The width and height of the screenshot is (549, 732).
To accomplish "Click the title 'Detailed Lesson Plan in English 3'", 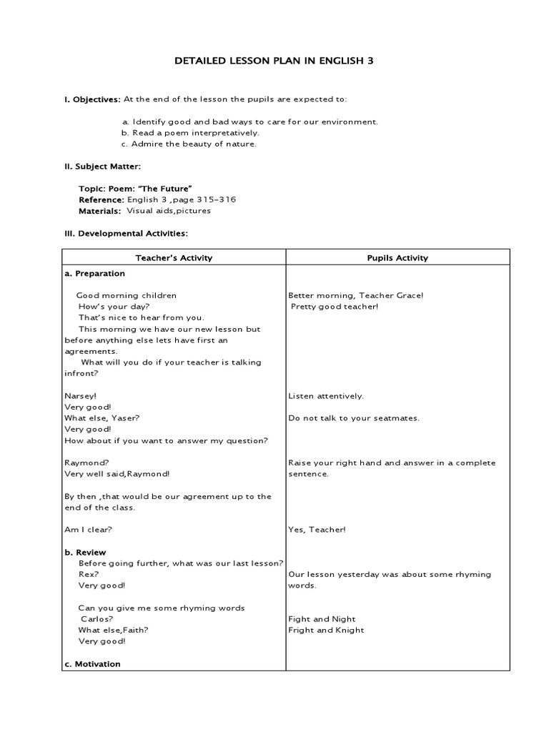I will click(x=274, y=61).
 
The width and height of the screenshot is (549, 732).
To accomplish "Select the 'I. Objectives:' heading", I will click(x=93, y=99).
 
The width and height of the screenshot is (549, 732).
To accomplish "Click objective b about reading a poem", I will click(x=190, y=133).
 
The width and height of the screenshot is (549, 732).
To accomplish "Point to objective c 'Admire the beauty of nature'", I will click(x=189, y=144).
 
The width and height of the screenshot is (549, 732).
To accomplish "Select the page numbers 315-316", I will click(x=212, y=200).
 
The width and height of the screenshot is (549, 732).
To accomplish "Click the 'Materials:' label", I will click(x=100, y=211).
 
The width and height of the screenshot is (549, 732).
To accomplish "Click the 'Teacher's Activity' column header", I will click(x=174, y=258).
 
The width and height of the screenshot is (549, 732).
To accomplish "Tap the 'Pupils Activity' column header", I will click(x=397, y=258).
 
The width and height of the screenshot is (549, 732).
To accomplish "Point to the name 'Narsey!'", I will click(x=80, y=396).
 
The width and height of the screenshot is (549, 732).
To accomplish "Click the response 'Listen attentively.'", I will click(x=326, y=396).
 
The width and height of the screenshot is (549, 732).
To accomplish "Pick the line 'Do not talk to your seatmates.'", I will click(x=354, y=418).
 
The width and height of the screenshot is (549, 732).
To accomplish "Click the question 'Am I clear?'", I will click(x=88, y=530).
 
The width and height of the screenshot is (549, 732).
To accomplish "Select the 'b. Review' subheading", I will click(x=85, y=553).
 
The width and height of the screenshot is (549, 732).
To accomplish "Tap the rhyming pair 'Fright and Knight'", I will click(x=326, y=630).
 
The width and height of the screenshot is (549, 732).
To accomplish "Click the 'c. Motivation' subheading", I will click(x=92, y=664).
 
